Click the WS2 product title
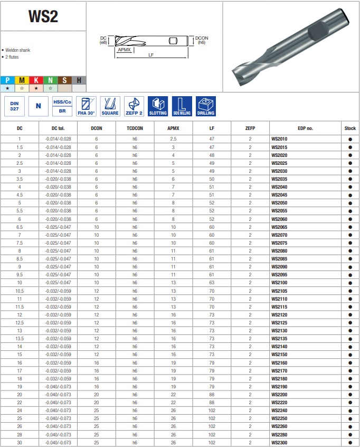coord(43,16)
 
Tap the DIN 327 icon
coord(14,106)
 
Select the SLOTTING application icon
coord(158,106)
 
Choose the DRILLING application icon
coord(206,106)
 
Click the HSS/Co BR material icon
coord(62,106)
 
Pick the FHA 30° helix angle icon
coord(86,106)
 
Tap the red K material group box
coord(36,80)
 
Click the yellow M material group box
coord(22,80)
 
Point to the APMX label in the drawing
coord(124,50)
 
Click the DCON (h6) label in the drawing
coord(202,40)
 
